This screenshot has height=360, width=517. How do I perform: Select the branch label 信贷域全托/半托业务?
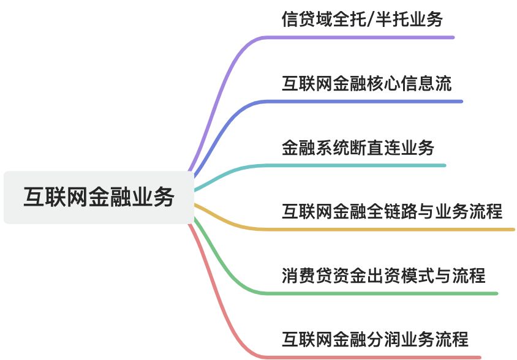(x=361, y=20)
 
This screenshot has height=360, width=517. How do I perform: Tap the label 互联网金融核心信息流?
(x=366, y=84)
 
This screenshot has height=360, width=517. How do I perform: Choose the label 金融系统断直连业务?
(x=358, y=148)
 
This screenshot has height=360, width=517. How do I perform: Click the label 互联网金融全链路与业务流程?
(x=392, y=212)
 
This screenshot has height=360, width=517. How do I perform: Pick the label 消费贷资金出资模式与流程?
(x=383, y=276)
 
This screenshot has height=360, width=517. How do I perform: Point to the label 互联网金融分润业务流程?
(x=375, y=339)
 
